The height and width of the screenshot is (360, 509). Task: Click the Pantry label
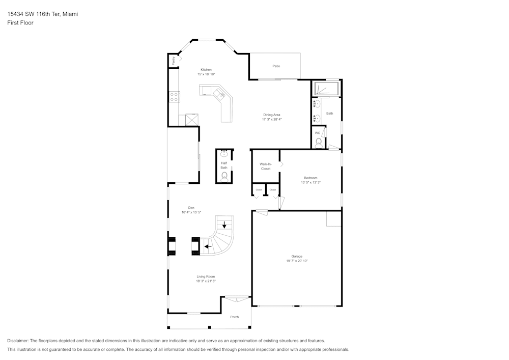tap(174, 61)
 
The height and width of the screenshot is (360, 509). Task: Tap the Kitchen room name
tap(206, 70)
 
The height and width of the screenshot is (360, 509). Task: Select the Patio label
tap(276, 66)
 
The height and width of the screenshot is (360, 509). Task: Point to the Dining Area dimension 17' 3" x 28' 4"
tap(272, 119)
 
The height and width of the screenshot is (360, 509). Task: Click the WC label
tap(318, 133)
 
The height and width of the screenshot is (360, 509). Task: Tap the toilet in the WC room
tap(319, 143)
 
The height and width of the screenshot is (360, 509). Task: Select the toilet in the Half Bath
tap(224, 176)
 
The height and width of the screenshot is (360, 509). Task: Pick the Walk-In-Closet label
tap(266, 167)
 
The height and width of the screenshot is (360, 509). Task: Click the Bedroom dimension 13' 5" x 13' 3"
tap(310, 182)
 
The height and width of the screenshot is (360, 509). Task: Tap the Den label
tap(191, 208)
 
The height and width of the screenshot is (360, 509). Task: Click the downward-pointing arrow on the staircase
tap(224, 225)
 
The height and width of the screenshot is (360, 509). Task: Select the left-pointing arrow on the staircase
tap(207, 246)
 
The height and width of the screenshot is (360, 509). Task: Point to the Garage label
tap(297, 256)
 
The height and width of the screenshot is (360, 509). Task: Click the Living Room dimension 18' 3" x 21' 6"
tap(206, 281)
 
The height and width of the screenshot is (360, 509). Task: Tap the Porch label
tap(234, 317)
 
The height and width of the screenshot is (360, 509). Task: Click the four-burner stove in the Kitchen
tap(174, 96)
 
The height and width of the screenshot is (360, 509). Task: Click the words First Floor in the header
tap(20, 23)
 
